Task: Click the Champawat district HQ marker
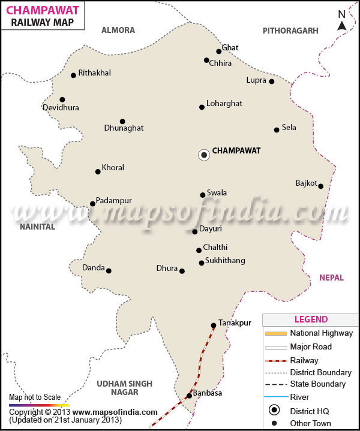[204, 155]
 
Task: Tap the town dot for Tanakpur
[213, 325]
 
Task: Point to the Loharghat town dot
[202, 107]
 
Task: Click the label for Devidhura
[61, 108]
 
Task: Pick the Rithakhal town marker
[73, 75]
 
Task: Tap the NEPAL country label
[331, 278]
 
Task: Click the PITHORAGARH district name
[290, 30]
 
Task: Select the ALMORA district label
[118, 30]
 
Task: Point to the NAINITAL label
[37, 227]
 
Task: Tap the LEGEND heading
[311, 320]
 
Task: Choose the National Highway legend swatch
[275, 333]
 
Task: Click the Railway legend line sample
[275, 361]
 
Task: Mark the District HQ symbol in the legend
[275, 410]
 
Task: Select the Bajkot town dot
[321, 186]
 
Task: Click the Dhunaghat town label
[124, 128]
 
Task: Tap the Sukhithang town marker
[202, 263]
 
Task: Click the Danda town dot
[109, 270]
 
